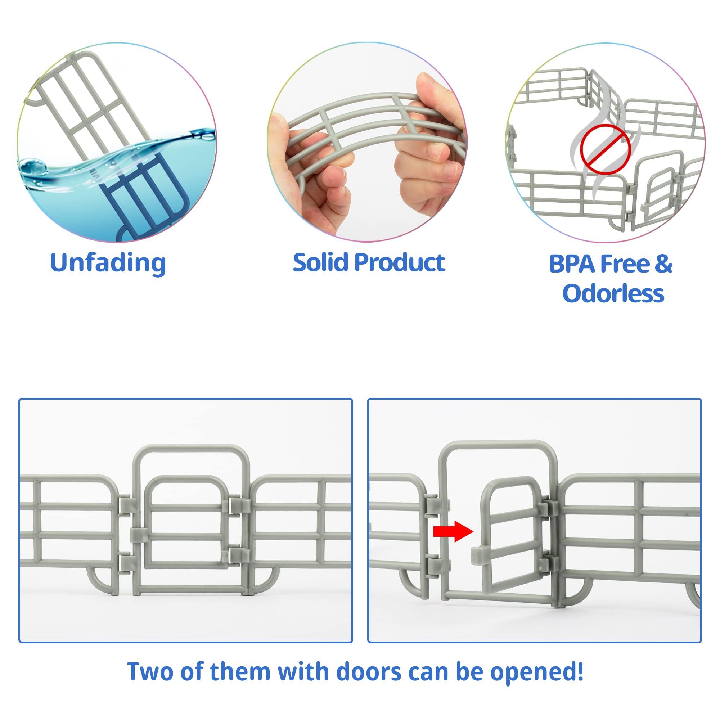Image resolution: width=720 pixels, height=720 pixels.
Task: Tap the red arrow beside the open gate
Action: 453,531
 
